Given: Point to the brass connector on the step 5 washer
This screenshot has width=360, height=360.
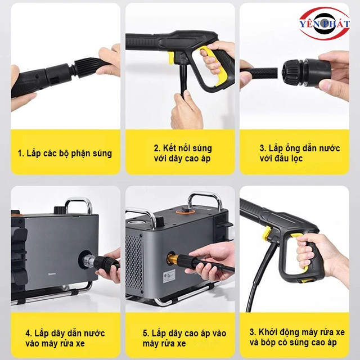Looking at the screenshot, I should pos(169,259).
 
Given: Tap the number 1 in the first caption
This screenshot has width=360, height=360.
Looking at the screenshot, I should pos(20,153).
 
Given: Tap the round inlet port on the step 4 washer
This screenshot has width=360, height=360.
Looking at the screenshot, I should pos(91,260).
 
